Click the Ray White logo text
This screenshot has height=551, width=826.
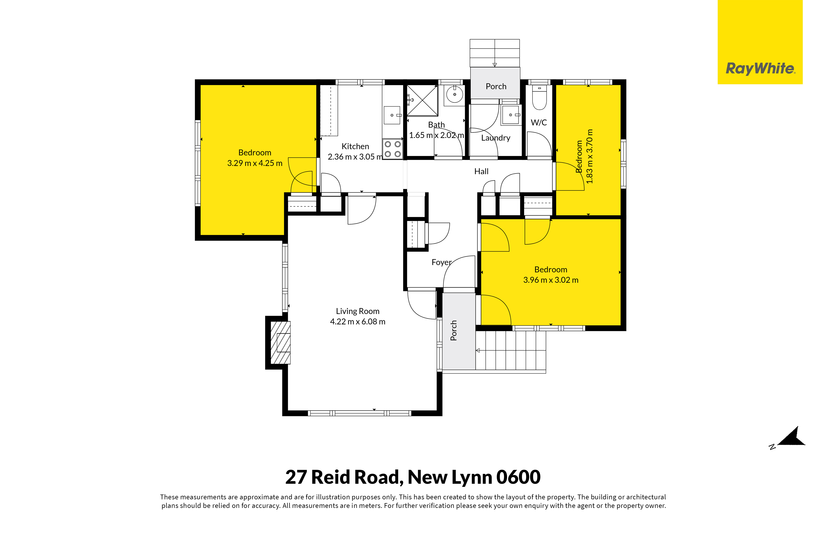[760, 68]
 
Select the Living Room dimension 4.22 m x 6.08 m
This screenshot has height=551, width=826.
[358, 322]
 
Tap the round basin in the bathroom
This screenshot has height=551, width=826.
[455, 94]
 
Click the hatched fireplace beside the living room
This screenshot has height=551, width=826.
[280, 343]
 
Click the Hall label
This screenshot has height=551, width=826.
[481, 171]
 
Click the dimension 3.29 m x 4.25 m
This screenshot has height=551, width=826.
[255, 163]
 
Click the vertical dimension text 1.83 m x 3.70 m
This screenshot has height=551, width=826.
[590, 156]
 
